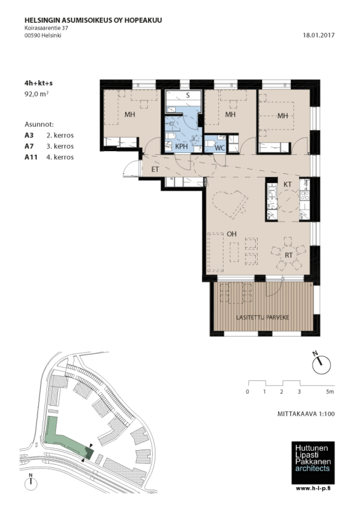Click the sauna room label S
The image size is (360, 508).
pos(187,95)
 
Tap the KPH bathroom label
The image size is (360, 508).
pos(182,147)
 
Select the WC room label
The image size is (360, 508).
pos(220,148)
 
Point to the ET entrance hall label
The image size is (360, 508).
pos(155,169)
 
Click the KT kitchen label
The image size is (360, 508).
pos(288,184)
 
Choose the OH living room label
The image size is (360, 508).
pos(231,234)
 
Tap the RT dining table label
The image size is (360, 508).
pos(288,255)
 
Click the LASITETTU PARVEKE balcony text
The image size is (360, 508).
pos(262,317)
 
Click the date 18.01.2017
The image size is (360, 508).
pos(319,36)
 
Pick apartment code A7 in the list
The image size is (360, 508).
pos(29,146)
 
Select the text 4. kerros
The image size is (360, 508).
pos(60,157)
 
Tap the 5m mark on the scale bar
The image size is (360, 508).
pos(330,392)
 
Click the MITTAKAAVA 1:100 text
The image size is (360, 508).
pos(306,414)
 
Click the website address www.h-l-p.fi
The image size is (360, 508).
pos(315,488)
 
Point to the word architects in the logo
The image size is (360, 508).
pos(312,469)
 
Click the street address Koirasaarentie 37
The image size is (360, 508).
pos(46,28)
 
